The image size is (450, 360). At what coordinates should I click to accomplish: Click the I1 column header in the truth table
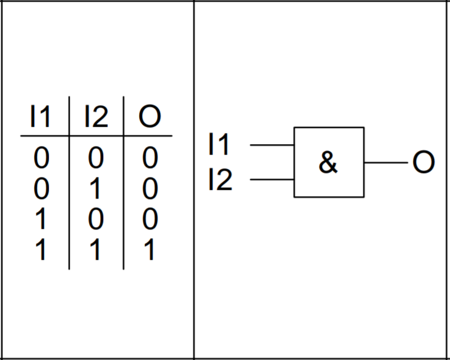tap(40, 116)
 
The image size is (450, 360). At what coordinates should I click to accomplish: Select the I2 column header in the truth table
tap(96, 116)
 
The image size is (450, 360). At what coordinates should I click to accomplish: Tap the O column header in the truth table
tap(150, 116)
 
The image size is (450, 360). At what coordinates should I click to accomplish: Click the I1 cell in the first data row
tap(41, 157)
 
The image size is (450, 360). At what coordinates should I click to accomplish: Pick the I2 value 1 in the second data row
tap(95, 188)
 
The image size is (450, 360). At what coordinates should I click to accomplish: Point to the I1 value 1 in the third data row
tap(41, 219)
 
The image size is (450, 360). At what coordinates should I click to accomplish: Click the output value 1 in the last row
tap(149, 249)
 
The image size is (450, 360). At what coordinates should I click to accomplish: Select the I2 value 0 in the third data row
tap(96, 219)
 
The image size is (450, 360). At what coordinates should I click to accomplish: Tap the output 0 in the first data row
tap(150, 157)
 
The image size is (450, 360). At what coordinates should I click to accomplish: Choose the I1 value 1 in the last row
tap(41, 249)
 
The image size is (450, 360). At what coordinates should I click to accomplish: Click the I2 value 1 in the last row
tap(95, 249)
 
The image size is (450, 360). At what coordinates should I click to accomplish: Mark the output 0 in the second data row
tap(150, 188)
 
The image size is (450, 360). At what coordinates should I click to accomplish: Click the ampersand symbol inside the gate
tap(328, 162)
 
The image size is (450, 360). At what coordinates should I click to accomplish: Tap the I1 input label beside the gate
tap(219, 144)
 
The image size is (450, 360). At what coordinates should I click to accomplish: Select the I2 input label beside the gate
tap(221, 179)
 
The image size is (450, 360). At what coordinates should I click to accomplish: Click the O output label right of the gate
tap(423, 162)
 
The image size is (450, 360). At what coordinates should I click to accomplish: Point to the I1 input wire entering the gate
tap(272, 145)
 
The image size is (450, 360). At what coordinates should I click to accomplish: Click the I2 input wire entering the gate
tap(272, 179)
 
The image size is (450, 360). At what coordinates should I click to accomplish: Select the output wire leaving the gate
tap(386, 163)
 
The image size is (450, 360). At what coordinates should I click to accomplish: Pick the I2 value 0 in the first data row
tap(96, 157)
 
